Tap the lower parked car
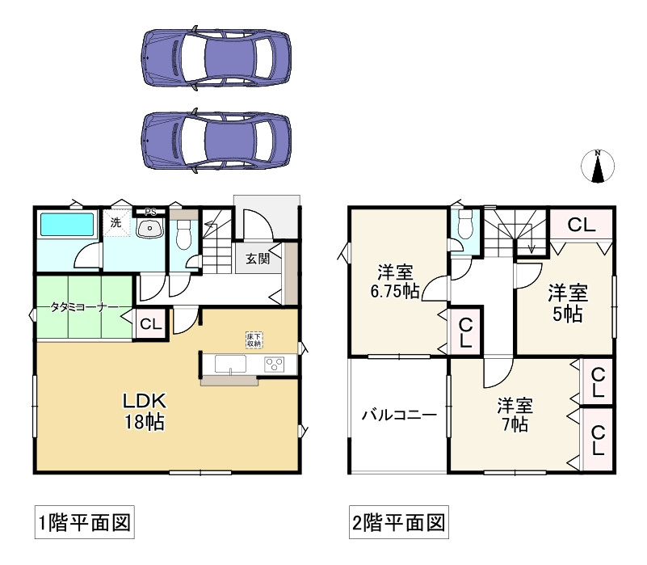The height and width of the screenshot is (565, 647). [216, 139]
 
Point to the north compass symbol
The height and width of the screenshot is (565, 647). [598, 167]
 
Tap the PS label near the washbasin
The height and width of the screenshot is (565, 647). [150, 213]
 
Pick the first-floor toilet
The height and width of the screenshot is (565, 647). [183, 234]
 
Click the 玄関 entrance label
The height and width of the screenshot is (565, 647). [258, 259]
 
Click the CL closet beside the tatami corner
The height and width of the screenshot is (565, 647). [150, 324]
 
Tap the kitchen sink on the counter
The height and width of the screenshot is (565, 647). [232, 365]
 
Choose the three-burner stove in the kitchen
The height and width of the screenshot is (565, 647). [275, 365]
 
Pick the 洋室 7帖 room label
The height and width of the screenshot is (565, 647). [514, 413]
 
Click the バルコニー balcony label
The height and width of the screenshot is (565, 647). [398, 415]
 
